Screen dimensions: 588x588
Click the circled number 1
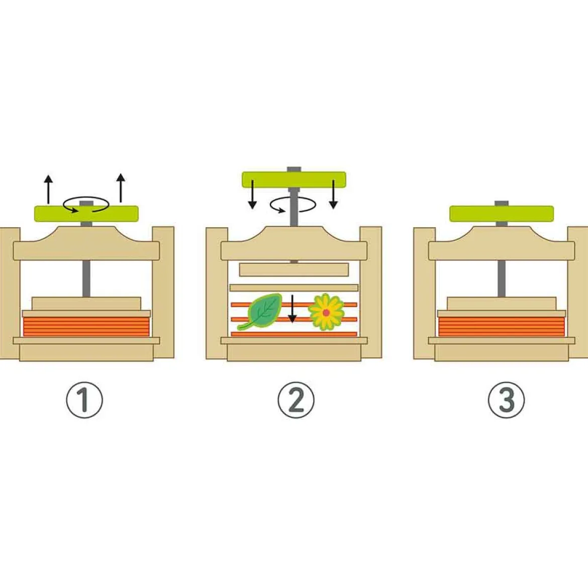(84, 400)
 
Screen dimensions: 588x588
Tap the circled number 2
(296, 400)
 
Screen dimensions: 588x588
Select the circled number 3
(506, 400)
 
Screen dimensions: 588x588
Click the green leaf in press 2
(260, 311)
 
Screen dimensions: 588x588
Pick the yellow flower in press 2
(326, 312)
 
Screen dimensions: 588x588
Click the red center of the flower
(326, 313)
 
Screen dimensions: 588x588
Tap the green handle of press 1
(86, 214)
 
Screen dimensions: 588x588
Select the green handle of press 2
(294, 179)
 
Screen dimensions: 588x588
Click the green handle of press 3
(502, 214)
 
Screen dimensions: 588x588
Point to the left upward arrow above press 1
(48, 189)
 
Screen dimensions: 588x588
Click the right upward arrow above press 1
(121, 188)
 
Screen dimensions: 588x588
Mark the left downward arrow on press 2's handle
(252, 194)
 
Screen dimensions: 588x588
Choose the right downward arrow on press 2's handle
(333, 194)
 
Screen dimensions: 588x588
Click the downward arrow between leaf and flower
(292, 309)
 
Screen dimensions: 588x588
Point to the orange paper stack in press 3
(502, 327)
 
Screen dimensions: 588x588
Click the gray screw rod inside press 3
(502, 279)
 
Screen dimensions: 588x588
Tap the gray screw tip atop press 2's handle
(294, 169)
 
